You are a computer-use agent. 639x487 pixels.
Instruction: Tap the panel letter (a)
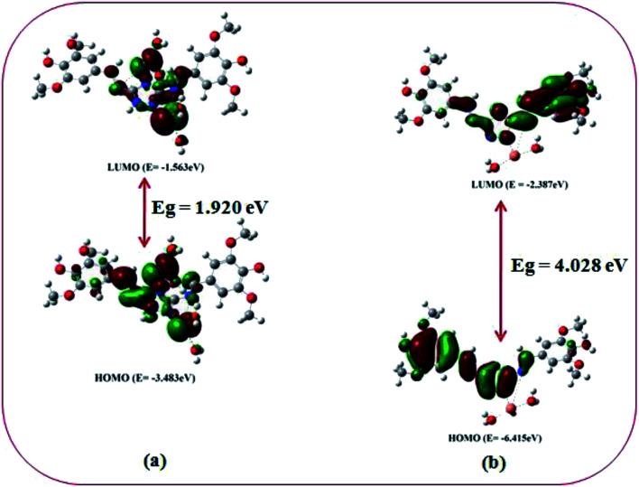point(154,460)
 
